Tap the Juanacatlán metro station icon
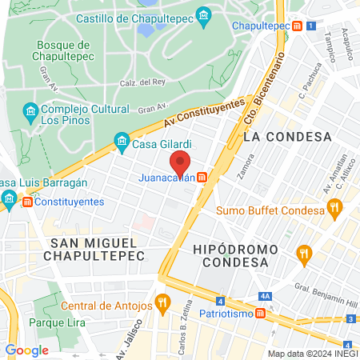[x=203, y=177]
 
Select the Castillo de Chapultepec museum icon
[x=203, y=16]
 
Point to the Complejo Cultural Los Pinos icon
[x=30, y=110]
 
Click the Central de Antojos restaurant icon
[x=162, y=302]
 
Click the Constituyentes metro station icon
[x=28, y=202]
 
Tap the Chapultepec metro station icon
[x=297, y=26]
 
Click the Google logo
[x=26, y=350]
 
